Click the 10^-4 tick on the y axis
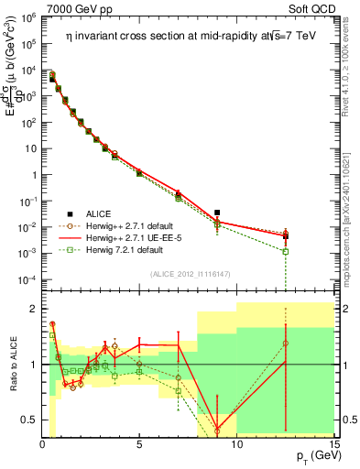(27, 278)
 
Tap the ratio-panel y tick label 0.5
(29, 420)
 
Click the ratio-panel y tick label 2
(33, 309)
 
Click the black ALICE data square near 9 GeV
(217, 213)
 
